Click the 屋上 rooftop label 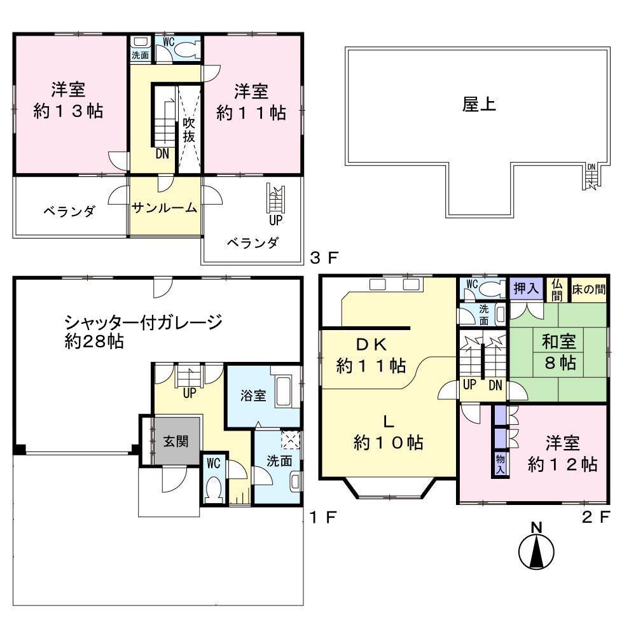[479, 105]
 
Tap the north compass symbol [537, 551]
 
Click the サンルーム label [164, 208]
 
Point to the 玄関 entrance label [176, 441]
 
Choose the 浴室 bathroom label [253, 395]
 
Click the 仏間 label [556, 290]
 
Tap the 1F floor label [322, 517]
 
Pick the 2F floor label [596, 516]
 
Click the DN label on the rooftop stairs [591, 167]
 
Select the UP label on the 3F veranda [275, 220]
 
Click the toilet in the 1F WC [214, 489]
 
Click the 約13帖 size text [69, 112]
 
